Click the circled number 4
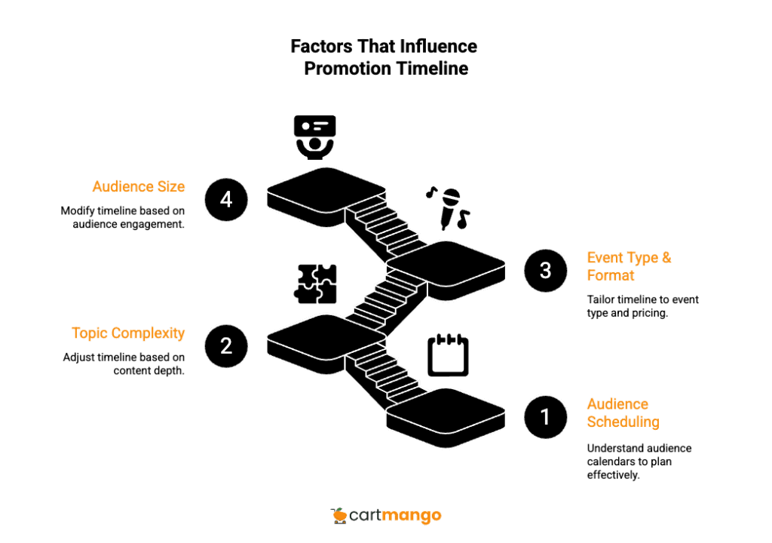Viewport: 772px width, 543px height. click(x=226, y=200)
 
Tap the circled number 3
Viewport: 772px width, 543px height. click(x=545, y=270)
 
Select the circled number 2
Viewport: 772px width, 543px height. click(x=226, y=346)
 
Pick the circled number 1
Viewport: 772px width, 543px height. click(x=545, y=416)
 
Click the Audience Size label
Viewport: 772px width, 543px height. click(x=139, y=186)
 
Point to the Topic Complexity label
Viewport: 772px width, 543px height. click(x=128, y=333)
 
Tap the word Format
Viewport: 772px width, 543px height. click(x=611, y=276)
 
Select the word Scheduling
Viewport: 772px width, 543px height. click(x=623, y=422)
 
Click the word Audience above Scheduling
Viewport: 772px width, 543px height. click(x=617, y=404)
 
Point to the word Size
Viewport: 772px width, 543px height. click(x=171, y=186)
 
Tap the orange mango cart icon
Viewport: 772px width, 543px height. click(x=340, y=515)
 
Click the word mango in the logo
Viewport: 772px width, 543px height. click(x=412, y=517)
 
